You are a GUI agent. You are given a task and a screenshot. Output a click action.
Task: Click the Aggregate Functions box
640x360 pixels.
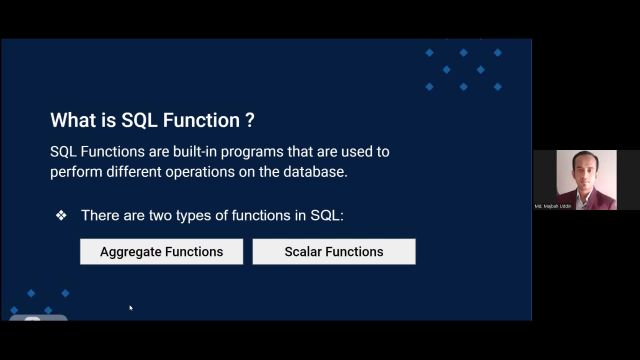tap(161, 252)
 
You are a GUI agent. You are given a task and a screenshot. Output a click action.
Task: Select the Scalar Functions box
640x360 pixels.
tap(333, 252)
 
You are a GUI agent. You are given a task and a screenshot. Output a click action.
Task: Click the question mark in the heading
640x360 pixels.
tap(249, 121)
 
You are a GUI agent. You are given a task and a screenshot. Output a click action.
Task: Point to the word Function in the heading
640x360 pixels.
tap(200, 121)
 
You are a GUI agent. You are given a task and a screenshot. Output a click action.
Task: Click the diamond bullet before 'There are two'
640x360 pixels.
tap(61, 216)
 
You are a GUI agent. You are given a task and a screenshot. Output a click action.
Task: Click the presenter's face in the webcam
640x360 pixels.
tap(584, 167)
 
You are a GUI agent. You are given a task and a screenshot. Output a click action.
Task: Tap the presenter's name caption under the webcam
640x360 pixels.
tap(553, 206)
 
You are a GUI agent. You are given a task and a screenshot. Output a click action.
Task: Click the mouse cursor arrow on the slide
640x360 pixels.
tap(130, 308)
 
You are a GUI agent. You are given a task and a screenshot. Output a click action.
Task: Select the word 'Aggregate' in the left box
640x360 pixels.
tap(131, 252)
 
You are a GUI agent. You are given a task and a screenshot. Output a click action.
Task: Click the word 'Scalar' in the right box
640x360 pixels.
tap(305, 252)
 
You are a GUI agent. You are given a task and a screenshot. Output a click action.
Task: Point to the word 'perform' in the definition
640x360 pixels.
tap(77, 171)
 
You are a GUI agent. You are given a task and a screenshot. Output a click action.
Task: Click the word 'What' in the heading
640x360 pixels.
tap(72, 121)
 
